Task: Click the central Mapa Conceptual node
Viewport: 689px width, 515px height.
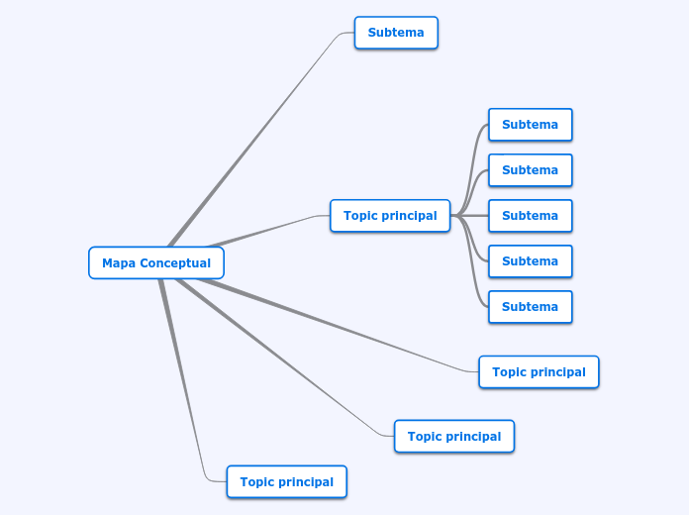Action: (156, 263)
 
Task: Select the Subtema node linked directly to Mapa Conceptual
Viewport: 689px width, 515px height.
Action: (396, 33)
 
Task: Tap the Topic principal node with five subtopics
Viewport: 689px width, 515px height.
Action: (390, 216)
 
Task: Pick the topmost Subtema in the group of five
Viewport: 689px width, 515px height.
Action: (530, 125)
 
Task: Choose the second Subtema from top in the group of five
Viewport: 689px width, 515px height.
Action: (530, 170)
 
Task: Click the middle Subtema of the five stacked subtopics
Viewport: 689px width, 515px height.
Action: (530, 216)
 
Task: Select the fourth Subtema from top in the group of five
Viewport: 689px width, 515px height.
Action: (530, 261)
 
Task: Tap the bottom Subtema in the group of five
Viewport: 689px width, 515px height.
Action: (530, 307)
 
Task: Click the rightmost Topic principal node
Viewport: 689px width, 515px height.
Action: (539, 372)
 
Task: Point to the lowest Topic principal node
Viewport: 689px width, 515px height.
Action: (286, 482)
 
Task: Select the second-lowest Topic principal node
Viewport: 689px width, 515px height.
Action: (454, 437)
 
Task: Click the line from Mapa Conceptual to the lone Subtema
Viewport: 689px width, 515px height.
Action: (257, 138)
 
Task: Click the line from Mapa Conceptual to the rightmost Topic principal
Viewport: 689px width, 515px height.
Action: (337, 327)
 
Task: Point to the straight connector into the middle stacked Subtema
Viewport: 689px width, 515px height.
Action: (473, 216)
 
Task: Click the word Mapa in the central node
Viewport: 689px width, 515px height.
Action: (118, 263)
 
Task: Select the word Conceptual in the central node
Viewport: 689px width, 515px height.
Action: (174, 263)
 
